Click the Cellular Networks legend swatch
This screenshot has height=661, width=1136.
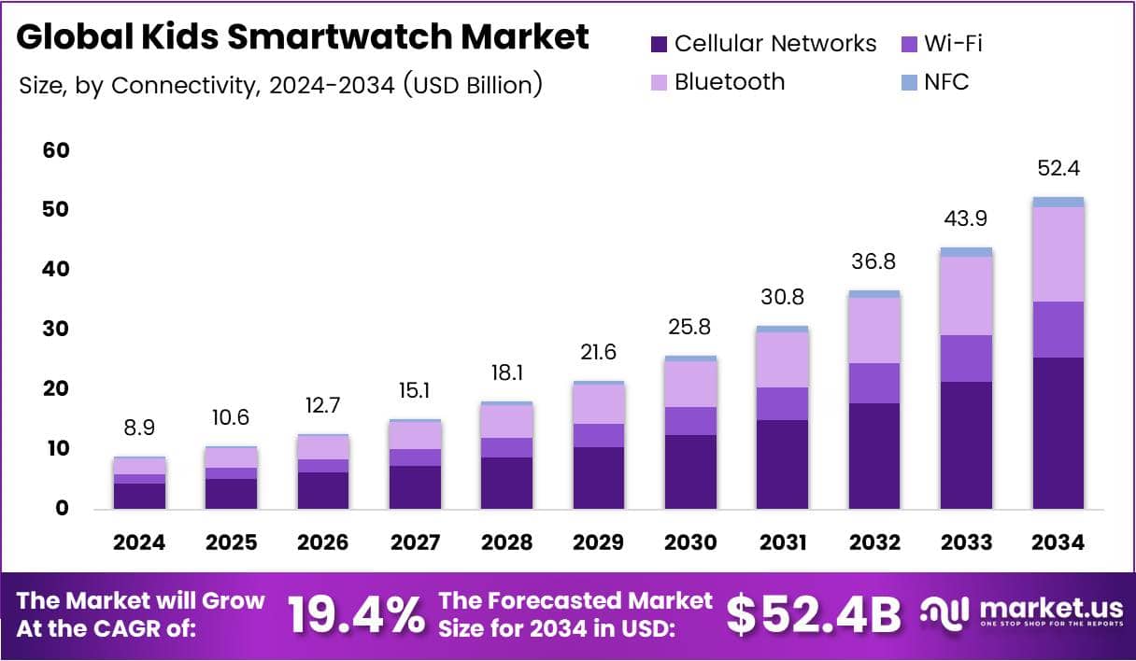tap(659, 44)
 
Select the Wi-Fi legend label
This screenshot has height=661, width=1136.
tap(953, 43)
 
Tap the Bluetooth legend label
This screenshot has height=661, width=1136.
tap(730, 81)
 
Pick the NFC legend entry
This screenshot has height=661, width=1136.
tap(946, 81)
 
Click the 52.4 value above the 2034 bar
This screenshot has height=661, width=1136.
tap(1058, 169)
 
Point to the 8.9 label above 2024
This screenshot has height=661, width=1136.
tap(139, 428)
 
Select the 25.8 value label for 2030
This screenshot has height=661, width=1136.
tap(691, 329)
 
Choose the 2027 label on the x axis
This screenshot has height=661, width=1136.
tap(414, 542)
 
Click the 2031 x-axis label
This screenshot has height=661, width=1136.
tap(783, 542)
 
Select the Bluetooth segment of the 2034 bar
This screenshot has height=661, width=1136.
tap(1058, 254)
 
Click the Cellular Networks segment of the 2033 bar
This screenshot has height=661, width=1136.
tap(966, 444)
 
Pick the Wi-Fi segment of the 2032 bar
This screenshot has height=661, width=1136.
tap(873, 383)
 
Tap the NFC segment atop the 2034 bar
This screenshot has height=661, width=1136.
tap(1058, 202)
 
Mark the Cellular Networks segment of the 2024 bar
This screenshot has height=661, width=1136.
tap(139, 496)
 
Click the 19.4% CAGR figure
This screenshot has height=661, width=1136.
tap(355, 614)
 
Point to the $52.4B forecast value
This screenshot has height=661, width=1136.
tap(814, 614)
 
